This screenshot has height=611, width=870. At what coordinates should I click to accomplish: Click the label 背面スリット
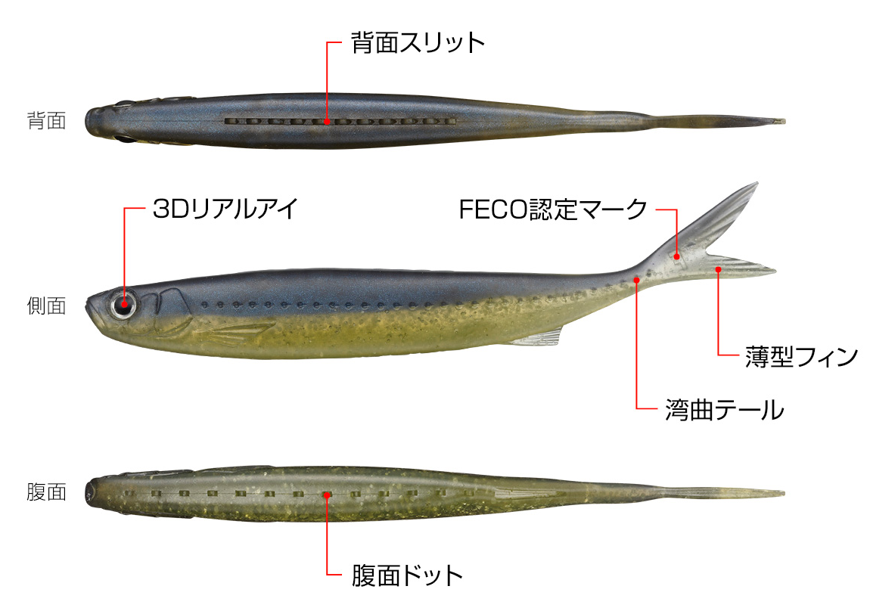click(x=418, y=42)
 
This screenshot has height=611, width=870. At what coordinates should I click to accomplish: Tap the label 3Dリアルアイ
click(x=225, y=209)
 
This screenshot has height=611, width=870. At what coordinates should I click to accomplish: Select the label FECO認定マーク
click(x=553, y=209)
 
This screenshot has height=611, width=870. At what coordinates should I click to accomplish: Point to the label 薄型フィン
click(x=802, y=356)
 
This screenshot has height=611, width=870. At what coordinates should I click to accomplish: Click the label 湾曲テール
click(x=725, y=410)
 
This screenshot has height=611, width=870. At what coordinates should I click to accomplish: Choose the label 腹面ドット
click(x=407, y=575)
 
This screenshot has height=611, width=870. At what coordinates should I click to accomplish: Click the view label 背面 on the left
click(x=47, y=120)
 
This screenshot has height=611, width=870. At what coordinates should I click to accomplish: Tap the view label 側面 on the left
click(x=47, y=305)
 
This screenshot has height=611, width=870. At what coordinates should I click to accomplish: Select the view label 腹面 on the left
click(x=47, y=492)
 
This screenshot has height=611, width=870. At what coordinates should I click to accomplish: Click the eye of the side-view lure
click(x=124, y=304)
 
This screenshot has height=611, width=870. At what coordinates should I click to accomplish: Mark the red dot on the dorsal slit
click(x=327, y=121)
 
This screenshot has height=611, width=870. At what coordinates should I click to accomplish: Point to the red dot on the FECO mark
click(x=677, y=256)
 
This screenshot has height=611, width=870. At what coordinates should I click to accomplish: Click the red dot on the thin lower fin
click(x=718, y=269)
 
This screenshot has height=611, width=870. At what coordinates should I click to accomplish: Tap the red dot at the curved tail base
click(x=636, y=280)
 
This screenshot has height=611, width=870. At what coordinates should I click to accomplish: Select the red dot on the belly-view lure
click(x=327, y=495)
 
